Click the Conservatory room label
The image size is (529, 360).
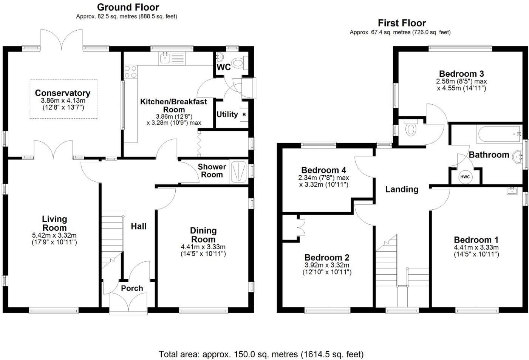[63, 93]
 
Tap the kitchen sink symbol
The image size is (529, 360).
[172, 58]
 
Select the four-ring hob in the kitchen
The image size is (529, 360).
[130, 72]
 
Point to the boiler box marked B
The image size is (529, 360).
[244, 115]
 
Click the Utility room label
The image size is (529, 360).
[227, 114]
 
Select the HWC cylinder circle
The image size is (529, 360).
[465, 177]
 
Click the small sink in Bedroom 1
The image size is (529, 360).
[512, 190]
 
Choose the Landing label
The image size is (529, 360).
[402, 189]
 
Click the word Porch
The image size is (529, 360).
[132, 288]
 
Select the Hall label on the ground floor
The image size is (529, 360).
[139, 226]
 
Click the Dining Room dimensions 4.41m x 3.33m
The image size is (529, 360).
[203, 247]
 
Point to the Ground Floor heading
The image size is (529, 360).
[128, 7]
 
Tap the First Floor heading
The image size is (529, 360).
[402, 23]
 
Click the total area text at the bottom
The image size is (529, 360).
[261, 354]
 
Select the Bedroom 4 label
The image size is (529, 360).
[324, 170]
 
